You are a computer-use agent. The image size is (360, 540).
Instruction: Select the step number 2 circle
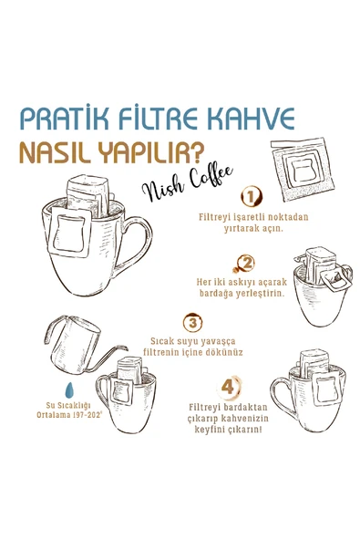[244, 264]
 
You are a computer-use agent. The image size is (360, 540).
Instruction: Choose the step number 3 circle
[192, 322]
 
